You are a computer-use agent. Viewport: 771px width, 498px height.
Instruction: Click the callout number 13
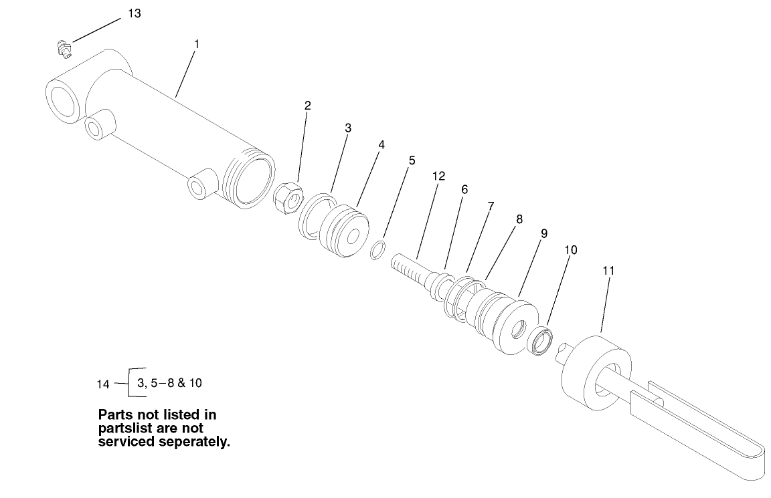click(x=135, y=13)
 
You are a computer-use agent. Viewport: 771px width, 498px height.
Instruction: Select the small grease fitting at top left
click(x=64, y=48)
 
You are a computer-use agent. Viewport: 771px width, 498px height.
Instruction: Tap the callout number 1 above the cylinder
click(x=196, y=43)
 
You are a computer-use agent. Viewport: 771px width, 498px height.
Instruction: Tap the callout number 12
click(x=438, y=176)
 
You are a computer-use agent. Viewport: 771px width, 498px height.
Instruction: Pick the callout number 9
click(x=543, y=233)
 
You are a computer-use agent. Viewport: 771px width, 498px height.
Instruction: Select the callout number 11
click(x=608, y=270)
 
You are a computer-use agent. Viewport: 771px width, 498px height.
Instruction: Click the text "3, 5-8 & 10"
click(x=169, y=383)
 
